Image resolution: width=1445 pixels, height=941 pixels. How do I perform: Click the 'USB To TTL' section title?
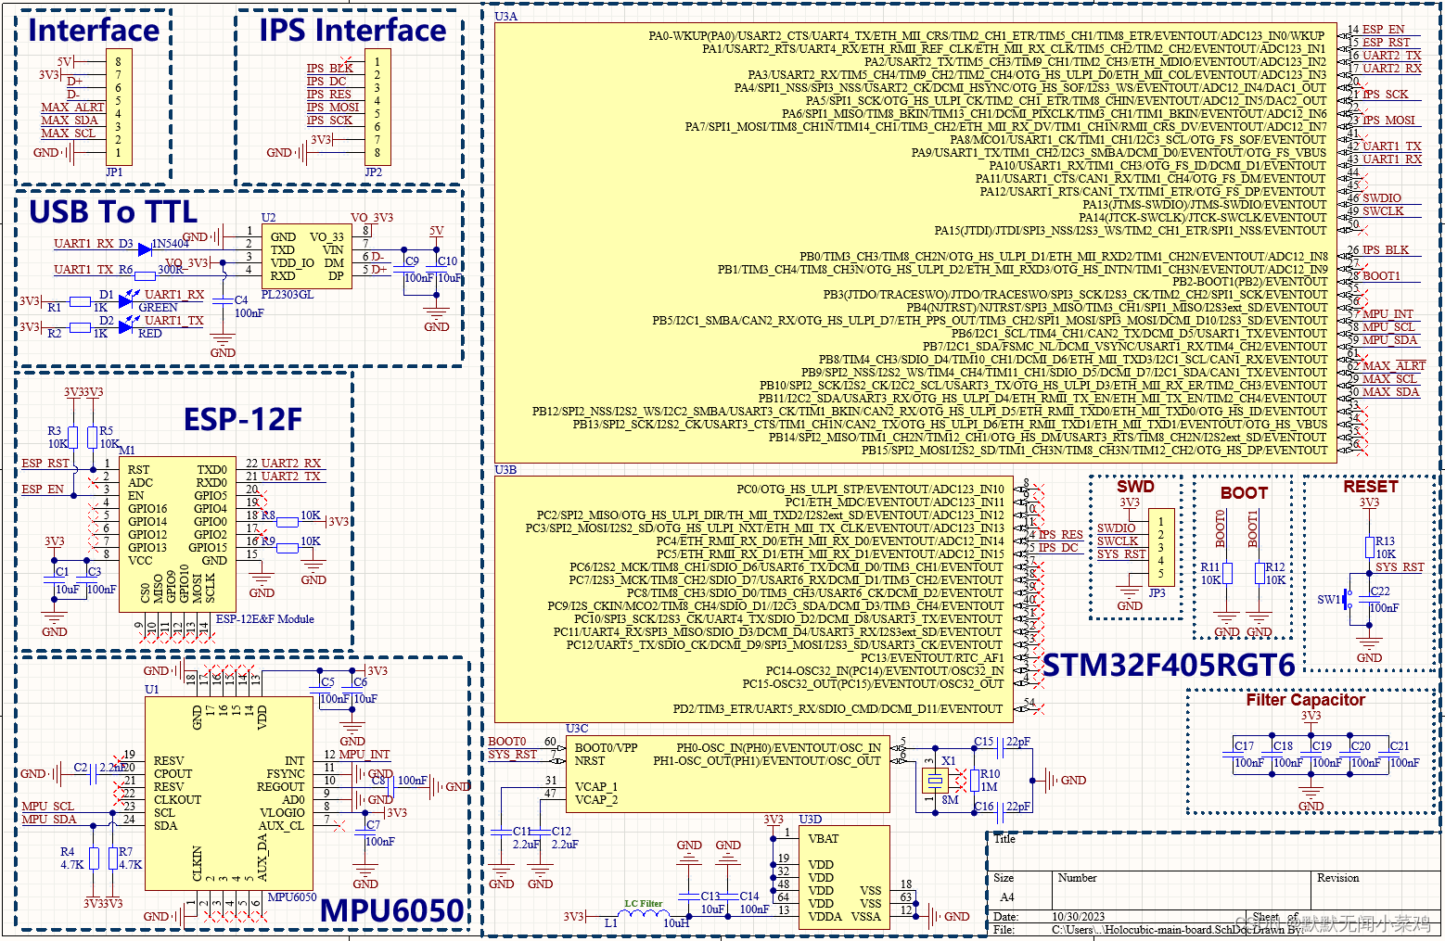pos(113,212)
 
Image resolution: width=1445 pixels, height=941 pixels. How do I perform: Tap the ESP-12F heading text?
pos(243,419)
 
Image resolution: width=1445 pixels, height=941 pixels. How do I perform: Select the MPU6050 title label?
pos(391,910)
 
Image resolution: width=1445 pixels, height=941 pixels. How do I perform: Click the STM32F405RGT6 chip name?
pos(1169,665)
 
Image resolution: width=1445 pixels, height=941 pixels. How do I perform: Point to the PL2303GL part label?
pos(288,295)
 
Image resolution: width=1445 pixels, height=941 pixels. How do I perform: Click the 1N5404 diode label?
pos(171,244)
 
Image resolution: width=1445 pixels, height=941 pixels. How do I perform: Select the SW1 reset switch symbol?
pos(1349,600)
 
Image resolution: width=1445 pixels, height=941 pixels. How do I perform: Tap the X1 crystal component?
pos(933,780)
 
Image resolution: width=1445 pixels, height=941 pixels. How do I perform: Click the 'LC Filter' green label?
pos(644,903)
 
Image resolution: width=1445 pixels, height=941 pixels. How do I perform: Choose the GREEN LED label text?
pos(158,308)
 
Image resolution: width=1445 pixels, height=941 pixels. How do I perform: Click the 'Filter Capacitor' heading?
pos(1305,700)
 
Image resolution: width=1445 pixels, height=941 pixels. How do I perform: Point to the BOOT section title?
pos(1244,493)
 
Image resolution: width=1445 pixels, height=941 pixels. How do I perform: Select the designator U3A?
pos(506,17)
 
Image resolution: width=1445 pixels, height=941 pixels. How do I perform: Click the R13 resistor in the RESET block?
pos(1369,548)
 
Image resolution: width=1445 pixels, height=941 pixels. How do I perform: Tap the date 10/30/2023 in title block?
pos(1078,916)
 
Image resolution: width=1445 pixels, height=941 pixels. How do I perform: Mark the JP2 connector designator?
pos(373,172)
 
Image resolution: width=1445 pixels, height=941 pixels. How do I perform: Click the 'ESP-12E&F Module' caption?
pos(265,619)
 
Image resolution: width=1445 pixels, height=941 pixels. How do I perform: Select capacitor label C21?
pos(1400,745)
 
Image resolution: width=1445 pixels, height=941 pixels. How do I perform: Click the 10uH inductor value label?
pos(676,923)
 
